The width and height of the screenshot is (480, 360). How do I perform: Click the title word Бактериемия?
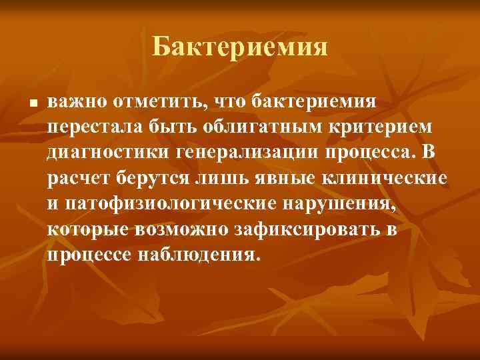tap(240, 47)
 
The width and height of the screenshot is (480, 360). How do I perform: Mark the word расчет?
tap(76, 179)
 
